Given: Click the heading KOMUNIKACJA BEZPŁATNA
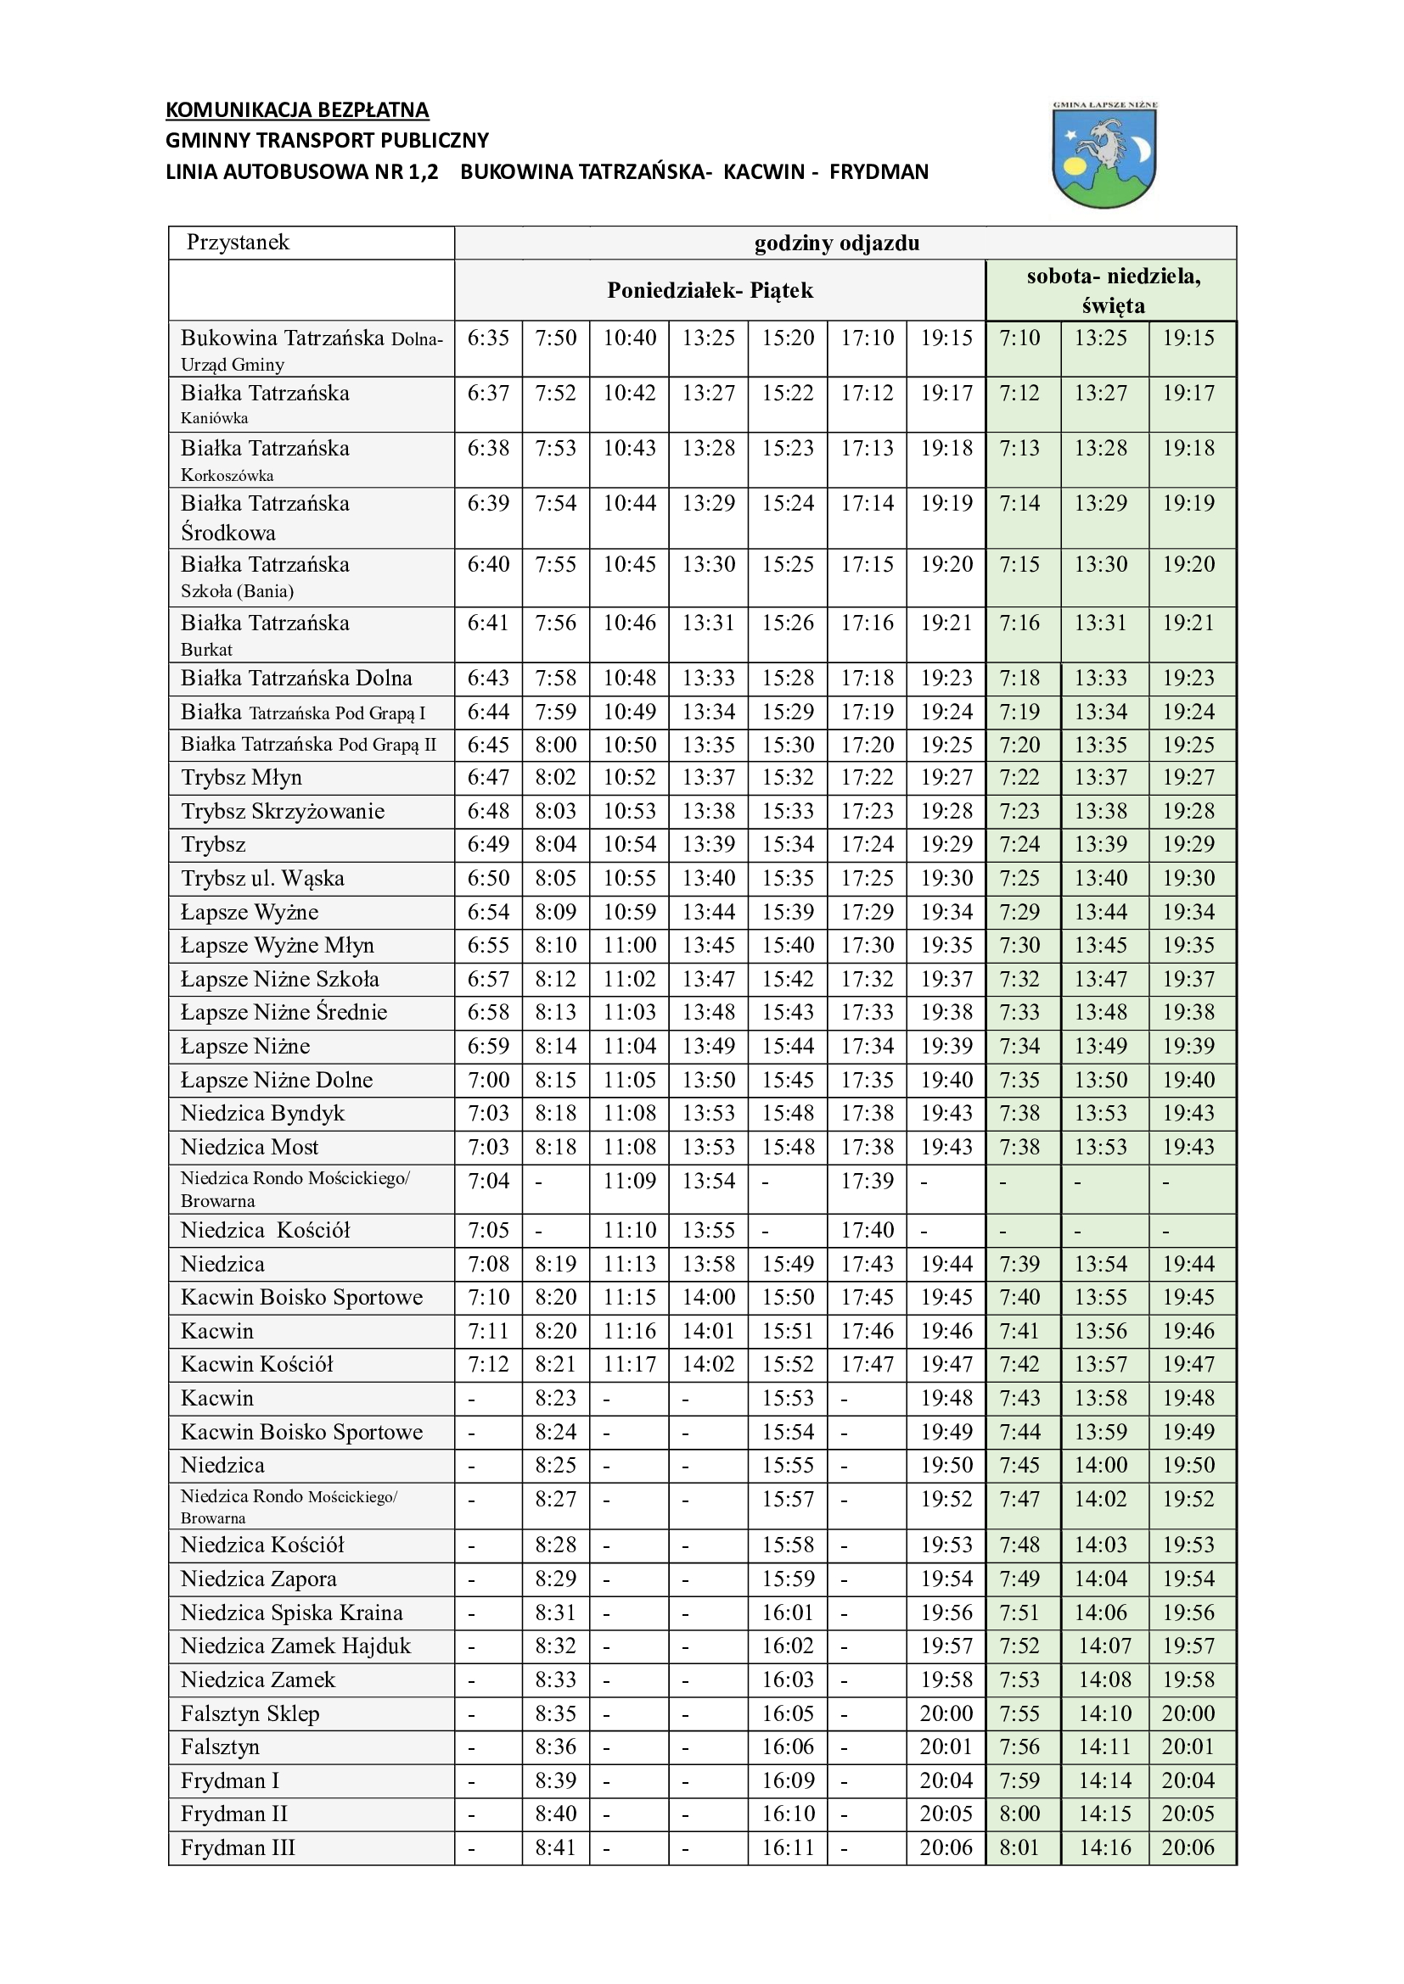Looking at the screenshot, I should (296, 109).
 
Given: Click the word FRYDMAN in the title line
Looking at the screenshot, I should (879, 172).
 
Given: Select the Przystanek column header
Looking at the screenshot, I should (238, 243).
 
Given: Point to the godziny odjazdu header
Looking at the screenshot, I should (836, 243).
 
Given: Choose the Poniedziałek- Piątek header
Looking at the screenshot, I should (710, 290).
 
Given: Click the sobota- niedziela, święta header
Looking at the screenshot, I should (1113, 290).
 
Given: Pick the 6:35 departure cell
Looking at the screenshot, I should (487, 338).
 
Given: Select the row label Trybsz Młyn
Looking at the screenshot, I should (241, 778).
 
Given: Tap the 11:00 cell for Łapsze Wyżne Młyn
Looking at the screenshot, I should (629, 945).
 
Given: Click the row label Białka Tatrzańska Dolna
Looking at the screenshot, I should (295, 679).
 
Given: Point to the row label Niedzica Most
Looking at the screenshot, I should (249, 1148).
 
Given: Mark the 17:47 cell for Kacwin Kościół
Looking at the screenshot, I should (868, 1365).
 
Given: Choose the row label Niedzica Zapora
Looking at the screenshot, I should (258, 1579).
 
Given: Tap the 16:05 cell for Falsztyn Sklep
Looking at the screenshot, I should (788, 1713).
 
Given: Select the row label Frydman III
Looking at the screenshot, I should (238, 1848).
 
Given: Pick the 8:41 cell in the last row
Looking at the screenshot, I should (555, 1848).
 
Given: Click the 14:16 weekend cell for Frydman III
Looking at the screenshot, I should (1104, 1848).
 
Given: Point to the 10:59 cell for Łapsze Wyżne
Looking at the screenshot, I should (629, 913).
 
